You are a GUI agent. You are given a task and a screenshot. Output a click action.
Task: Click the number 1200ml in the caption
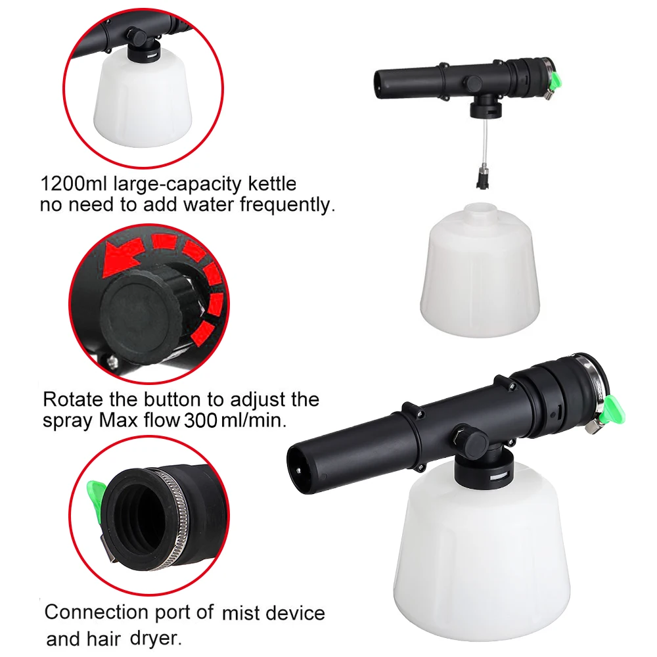(x=73, y=183)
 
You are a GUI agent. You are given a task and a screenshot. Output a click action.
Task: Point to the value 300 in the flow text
(x=201, y=420)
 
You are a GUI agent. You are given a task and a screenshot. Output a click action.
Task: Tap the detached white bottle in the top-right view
(x=480, y=269)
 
